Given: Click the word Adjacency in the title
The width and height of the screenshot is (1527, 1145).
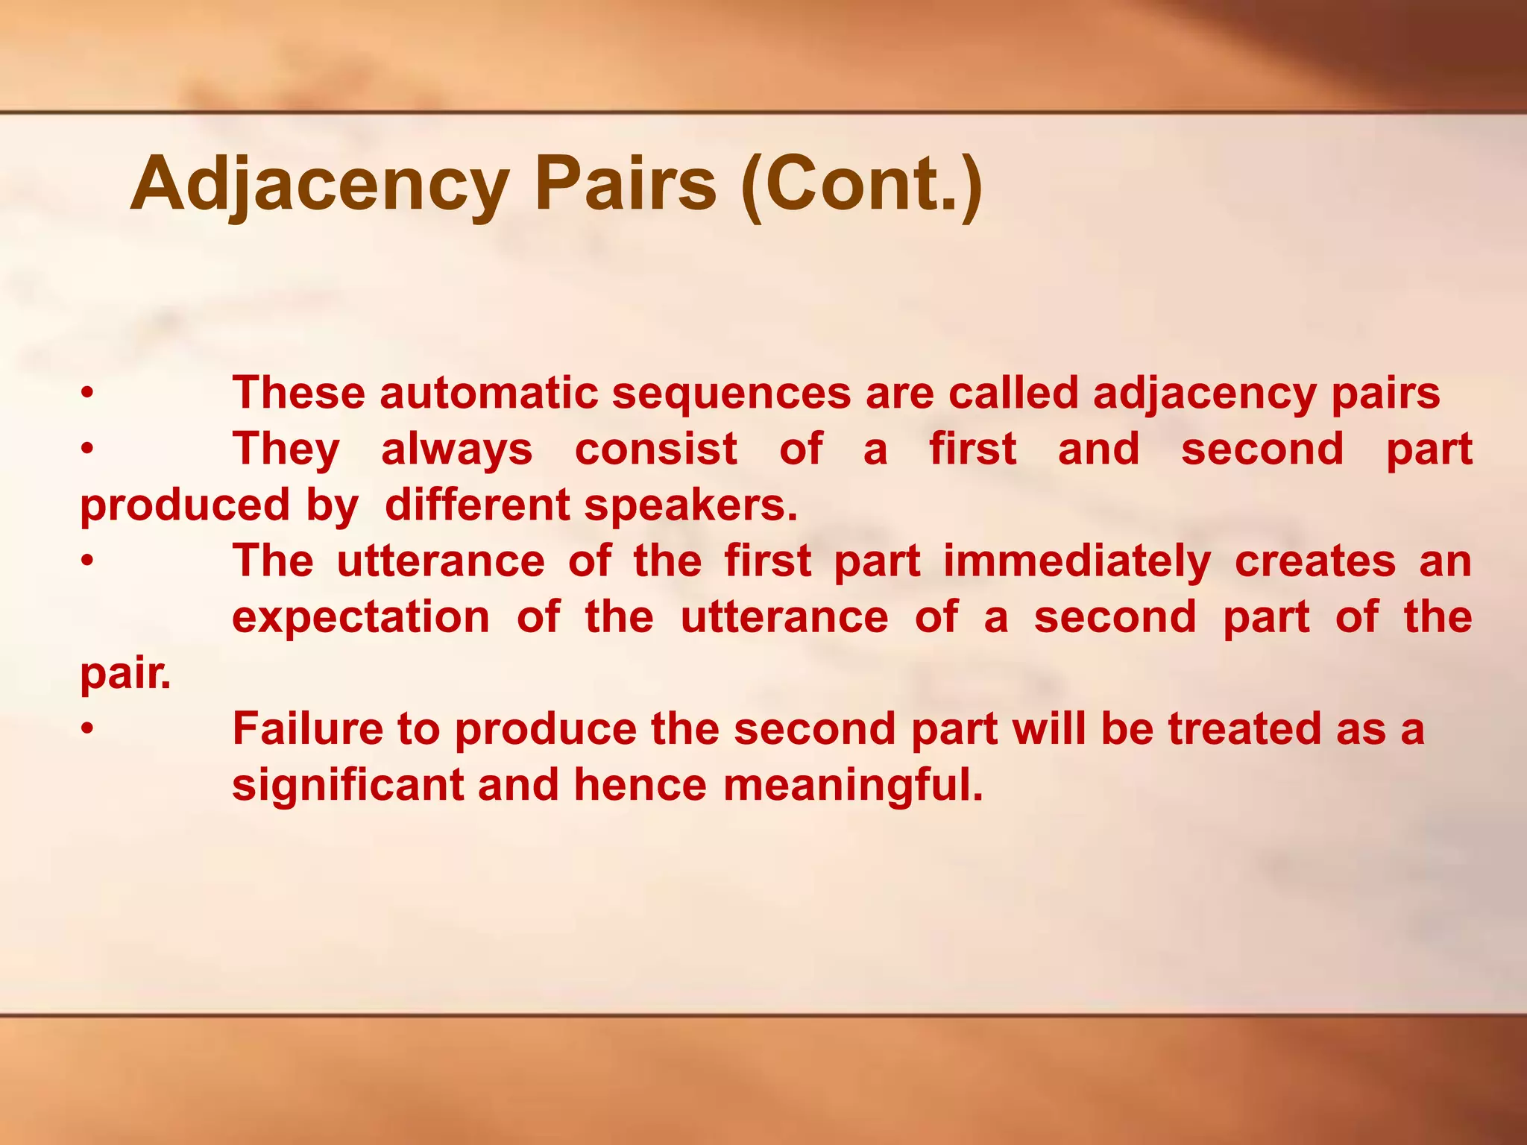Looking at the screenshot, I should (320, 184).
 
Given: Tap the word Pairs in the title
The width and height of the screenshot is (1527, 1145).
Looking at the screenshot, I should (625, 184).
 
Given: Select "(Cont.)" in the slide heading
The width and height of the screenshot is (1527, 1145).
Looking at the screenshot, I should (862, 184).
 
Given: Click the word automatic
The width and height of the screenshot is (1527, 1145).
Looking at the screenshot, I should (488, 393).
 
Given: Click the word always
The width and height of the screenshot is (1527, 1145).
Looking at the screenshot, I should (457, 449).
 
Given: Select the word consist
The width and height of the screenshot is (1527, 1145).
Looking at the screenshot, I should (656, 449).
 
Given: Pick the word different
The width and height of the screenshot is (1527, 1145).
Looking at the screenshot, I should (477, 505).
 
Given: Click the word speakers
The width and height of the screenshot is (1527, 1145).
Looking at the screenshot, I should (690, 505).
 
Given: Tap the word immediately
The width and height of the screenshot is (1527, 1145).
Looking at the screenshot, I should (1077, 561).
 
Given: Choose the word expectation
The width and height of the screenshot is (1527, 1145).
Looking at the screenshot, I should (361, 616).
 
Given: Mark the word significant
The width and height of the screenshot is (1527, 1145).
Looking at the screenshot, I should (348, 784).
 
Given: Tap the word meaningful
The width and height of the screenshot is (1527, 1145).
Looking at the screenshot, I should (853, 784).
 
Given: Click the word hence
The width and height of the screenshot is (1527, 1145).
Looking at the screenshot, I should (640, 784).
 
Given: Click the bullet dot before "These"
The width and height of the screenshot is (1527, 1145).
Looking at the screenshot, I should (87, 394).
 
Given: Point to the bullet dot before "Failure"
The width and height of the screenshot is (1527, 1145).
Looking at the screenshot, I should (87, 729).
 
